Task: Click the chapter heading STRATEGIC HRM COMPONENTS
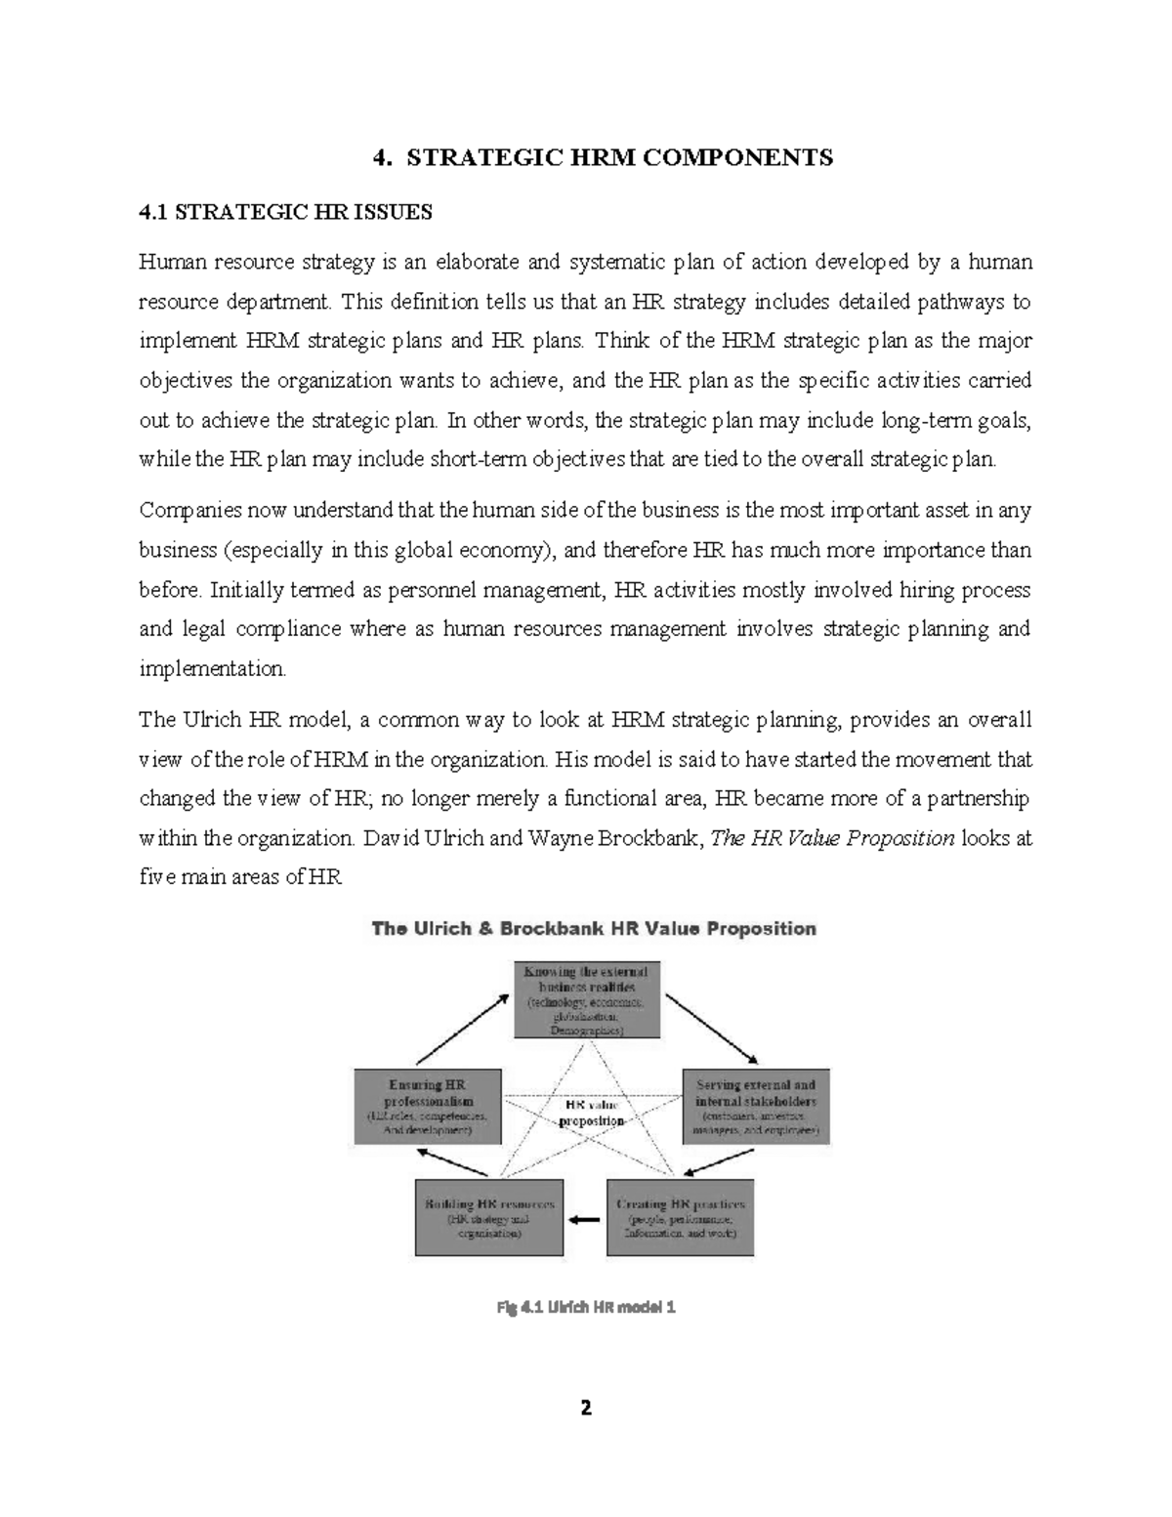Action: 619,157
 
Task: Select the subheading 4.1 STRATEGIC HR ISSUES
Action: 285,212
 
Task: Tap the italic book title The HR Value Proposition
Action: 831,838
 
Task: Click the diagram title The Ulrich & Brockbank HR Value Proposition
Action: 594,928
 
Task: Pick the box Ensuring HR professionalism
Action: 427,1107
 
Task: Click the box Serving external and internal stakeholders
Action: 755,1107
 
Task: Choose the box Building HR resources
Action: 489,1218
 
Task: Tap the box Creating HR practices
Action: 681,1218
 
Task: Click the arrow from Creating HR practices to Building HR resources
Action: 585,1218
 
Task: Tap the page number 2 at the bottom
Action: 586,1408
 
